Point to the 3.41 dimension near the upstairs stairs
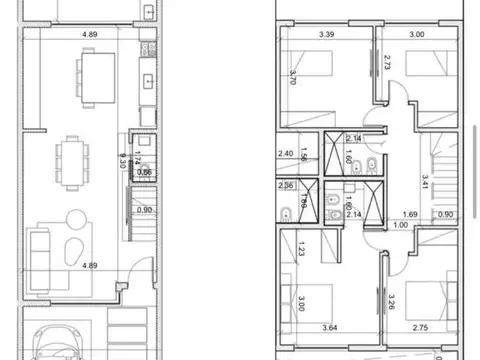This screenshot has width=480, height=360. coord(425,181)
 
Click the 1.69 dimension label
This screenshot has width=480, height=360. coord(409,214)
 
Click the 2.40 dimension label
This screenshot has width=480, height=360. coord(284,154)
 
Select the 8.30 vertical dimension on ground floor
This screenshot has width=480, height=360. coord(120,159)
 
